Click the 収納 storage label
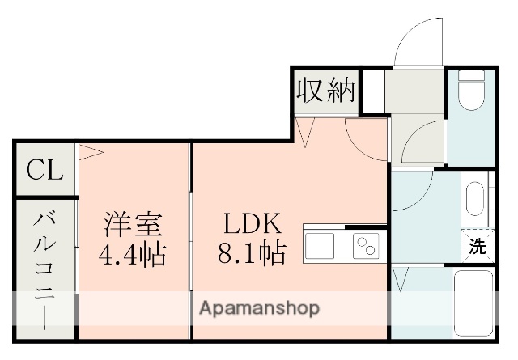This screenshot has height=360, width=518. click(x=325, y=90)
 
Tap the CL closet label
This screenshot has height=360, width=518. click(x=45, y=171)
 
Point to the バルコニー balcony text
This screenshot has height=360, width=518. click(x=45, y=268)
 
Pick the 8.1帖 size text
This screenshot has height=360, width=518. click(x=251, y=255)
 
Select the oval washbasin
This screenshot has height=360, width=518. click(x=474, y=198)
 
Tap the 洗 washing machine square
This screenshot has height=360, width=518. click(x=478, y=247)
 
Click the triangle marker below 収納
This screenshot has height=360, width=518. click(x=305, y=132)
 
